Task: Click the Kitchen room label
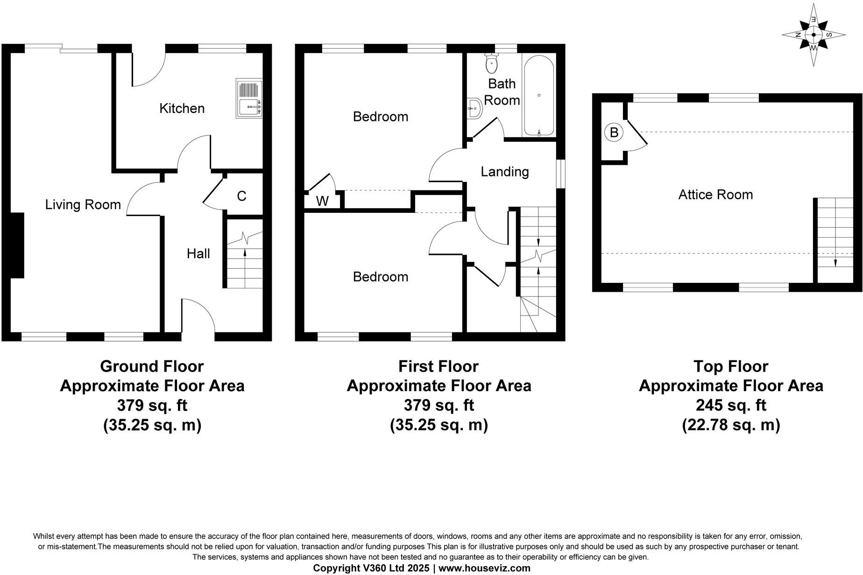(182, 108)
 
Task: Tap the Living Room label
(83, 204)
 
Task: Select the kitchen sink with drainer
(249, 98)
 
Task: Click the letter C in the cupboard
(241, 196)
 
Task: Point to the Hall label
(198, 253)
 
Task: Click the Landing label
(504, 172)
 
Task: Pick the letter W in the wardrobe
(322, 201)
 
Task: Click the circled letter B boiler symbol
(614, 133)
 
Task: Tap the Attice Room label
(715, 194)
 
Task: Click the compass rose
(814, 35)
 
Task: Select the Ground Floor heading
(152, 366)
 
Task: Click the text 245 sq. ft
(731, 405)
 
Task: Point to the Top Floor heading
(731, 366)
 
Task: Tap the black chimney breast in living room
(17, 245)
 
